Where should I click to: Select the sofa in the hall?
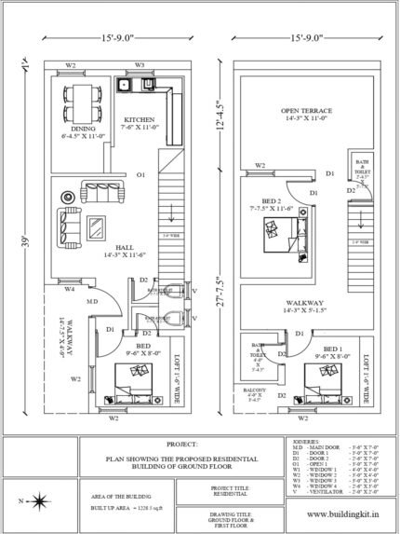69,225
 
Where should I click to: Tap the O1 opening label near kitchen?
140,174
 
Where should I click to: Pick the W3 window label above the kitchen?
139,65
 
